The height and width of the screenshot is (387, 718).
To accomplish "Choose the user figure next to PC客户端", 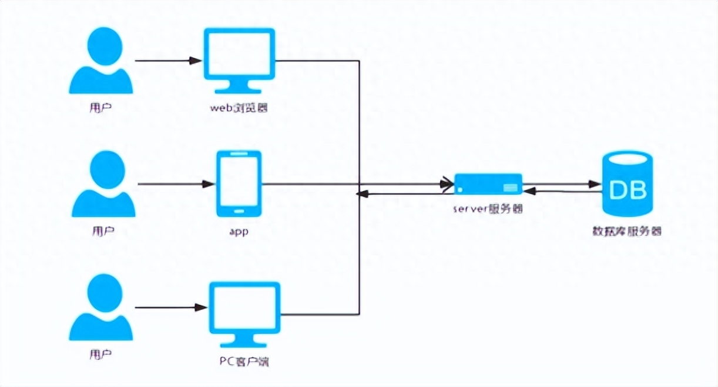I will [x=101, y=308].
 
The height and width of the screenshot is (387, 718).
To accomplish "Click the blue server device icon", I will [x=488, y=184].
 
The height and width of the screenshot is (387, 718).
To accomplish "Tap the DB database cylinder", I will [x=627, y=184].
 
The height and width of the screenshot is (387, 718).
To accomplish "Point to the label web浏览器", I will [x=239, y=108].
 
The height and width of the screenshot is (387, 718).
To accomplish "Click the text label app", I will [x=239, y=231].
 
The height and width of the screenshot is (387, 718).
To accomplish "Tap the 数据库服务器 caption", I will [x=627, y=231].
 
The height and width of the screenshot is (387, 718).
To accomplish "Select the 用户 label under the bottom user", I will [x=101, y=355].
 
